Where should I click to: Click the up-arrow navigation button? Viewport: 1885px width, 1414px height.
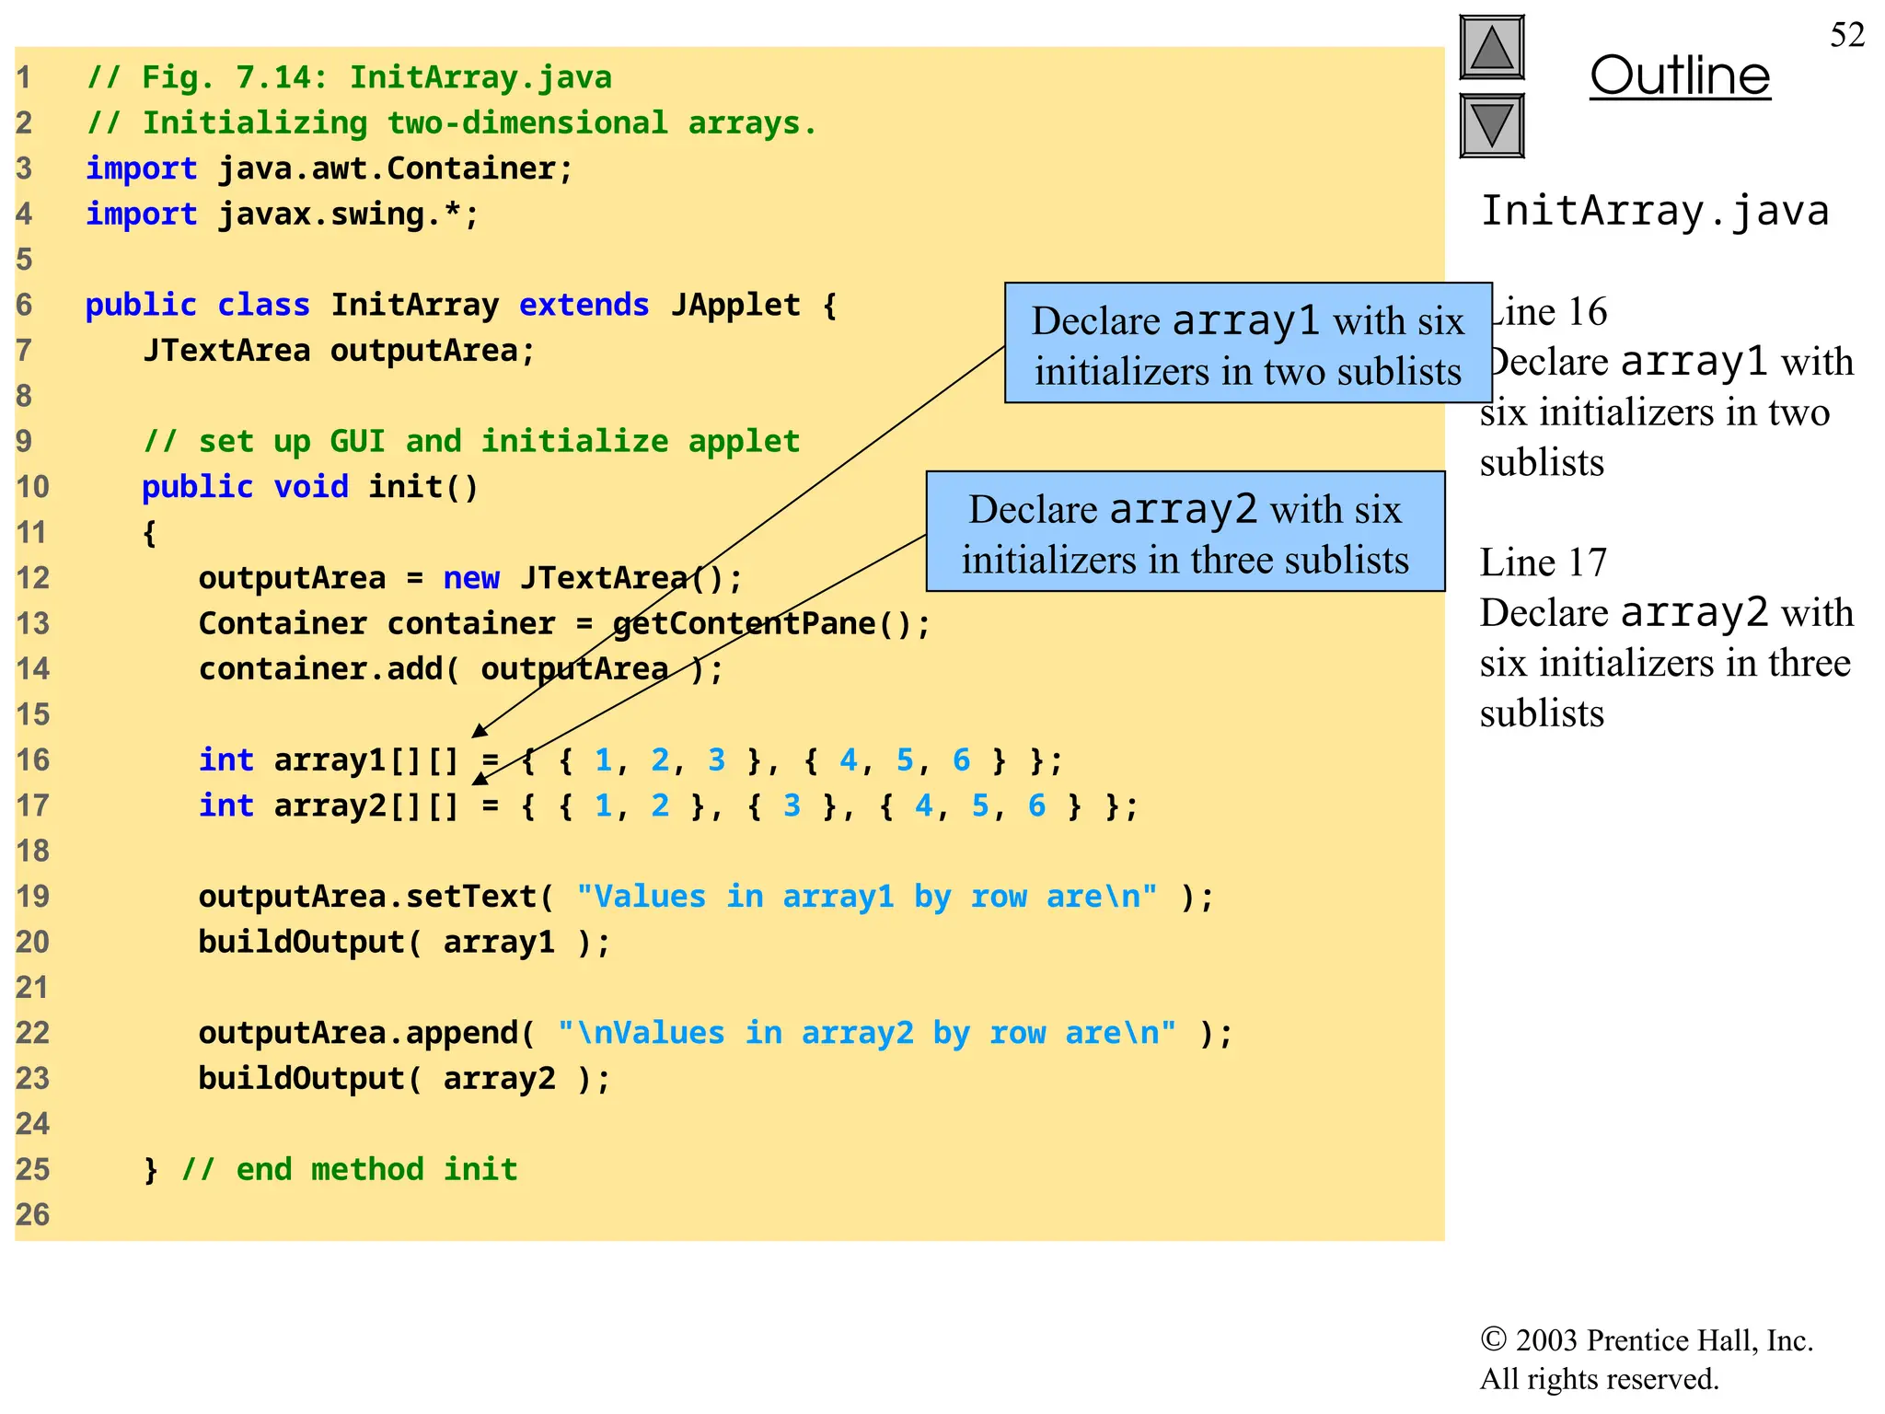(x=1491, y=48)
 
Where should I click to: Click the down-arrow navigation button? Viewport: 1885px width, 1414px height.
(x=1491, y=125)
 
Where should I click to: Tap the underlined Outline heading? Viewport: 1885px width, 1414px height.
(x=1679, y=75)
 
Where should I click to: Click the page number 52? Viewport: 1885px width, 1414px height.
(x=1846, y=35)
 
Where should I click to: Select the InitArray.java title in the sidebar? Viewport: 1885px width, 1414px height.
(x=1654, y=211)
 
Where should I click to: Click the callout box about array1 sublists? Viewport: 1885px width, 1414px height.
(x=1247, y=343)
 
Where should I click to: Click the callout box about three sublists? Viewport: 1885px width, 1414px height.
(x=1185, y=532)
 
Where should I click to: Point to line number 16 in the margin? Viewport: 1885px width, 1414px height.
(x=32, y=760)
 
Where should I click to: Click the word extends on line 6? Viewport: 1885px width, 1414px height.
(x=584, y=305)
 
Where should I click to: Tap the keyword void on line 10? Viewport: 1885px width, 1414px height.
(x=310, y=487)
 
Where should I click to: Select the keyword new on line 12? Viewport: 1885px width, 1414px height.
(x=470, y=578)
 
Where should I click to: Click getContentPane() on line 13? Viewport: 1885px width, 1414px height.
(x=771, y=624)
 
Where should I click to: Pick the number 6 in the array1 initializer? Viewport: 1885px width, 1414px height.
(x=961, y=760)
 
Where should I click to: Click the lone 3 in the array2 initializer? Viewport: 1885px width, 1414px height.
(x=792, y=806)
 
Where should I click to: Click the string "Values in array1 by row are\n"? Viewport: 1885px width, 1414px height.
(x=866, y=897)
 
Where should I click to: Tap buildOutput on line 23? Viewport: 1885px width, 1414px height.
(x=301, y=1079)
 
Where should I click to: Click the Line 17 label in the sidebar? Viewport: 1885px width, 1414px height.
(x=1543, y=562)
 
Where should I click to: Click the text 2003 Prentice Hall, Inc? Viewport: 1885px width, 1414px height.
(x=1662, y=1340)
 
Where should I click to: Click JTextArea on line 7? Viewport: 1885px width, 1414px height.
(x=226, y=351)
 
